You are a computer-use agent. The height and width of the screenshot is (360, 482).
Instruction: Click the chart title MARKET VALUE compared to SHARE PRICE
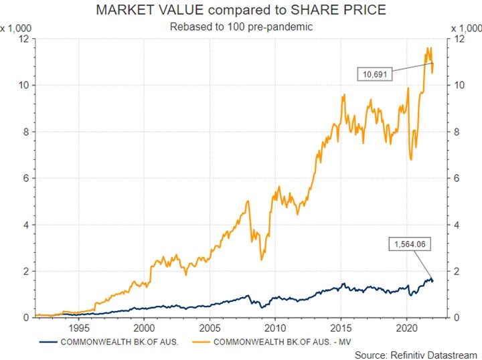pyautogui.click(x=241, y=11)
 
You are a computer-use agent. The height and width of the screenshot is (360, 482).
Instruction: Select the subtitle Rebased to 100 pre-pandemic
pyautogui.click(x=241, y=27)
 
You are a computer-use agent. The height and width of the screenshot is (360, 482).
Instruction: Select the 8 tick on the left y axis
pyautogui.click(x=24, y=132)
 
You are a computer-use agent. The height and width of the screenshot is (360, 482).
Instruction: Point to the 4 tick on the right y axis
pyautogui.click(x=457, y=225)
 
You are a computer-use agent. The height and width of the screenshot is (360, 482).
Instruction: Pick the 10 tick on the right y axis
pyautogui.click(x=459, y=86)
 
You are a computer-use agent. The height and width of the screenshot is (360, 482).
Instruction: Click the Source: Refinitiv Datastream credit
pyautogui.click(x=416, y=354)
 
